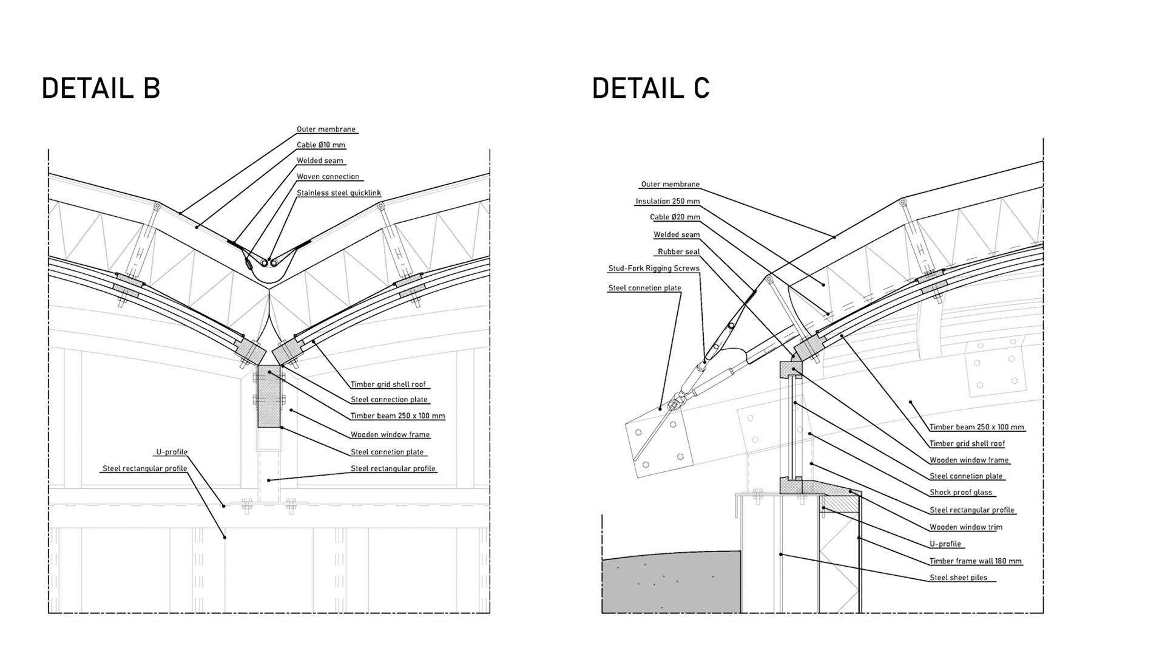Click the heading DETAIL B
tap(101, 89)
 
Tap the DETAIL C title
tap(650, 89)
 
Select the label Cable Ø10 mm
tap(321, 145)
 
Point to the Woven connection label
tap(328, 177)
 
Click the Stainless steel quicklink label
tap(339, 193)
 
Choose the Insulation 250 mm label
tap(667, 202)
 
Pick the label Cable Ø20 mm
tap(675, 217)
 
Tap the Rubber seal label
tap(678, 252)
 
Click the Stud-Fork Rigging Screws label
tap(653, 268)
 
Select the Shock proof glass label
tap(961, 493)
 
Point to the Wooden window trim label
tap(965, 527)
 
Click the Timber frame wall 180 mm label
tap(975, 561)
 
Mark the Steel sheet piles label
tap(958, 578)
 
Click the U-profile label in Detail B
tap(172, 453)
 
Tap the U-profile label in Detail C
tap(945, 544)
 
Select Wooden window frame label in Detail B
tap(390, 435)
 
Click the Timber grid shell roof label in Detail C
tap(967, 444)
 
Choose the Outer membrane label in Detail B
tap(326, 129)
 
